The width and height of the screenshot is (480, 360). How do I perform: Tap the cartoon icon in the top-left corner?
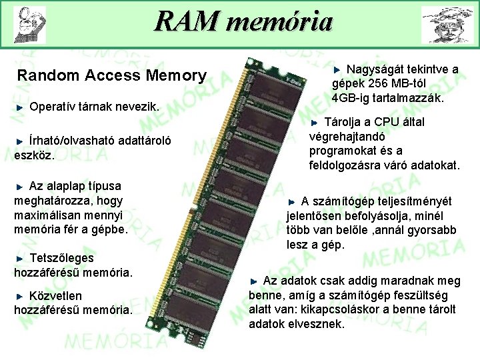click(x=29, y=24)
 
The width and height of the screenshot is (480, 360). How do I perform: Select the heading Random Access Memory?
click(x=112, y=76)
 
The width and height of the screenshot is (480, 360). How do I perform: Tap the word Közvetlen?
click(x=57, y=295)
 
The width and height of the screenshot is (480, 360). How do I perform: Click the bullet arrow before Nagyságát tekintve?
click(x=337, y=69)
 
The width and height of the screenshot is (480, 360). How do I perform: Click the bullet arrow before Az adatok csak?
click(x=255, y=281)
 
